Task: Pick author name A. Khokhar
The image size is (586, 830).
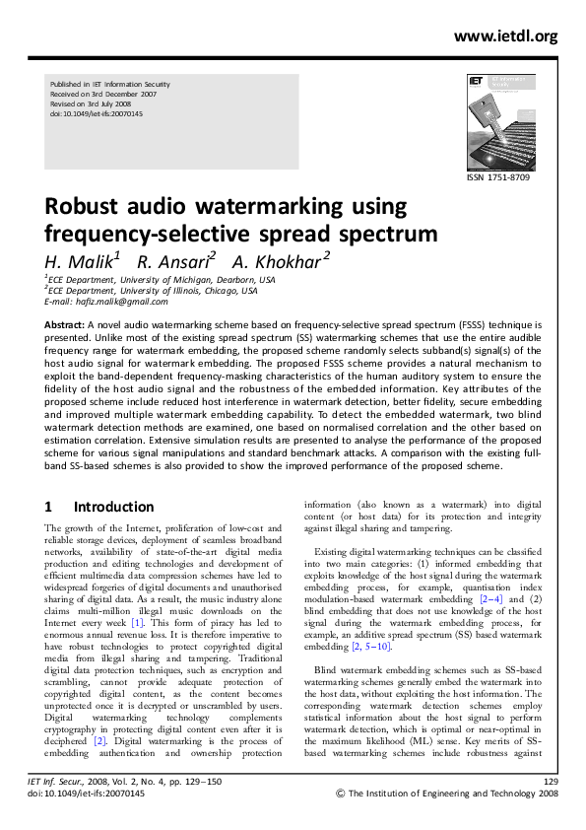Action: point(280,261)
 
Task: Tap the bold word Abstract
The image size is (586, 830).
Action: point(65,324)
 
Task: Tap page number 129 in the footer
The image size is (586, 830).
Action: point(551,808)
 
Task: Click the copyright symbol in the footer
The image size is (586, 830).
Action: point(342,820)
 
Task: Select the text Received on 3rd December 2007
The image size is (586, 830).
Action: point(102,95)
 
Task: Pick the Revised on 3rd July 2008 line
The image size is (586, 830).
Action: point(90,104)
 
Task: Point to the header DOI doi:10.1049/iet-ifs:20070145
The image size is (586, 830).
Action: point(96,113)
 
